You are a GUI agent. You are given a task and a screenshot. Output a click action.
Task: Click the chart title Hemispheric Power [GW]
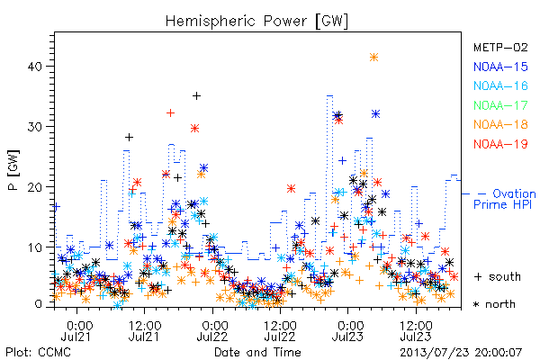[256, 22]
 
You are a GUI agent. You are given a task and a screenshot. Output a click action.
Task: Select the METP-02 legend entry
[500, 47]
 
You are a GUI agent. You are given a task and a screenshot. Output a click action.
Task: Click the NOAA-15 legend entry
[500, 67]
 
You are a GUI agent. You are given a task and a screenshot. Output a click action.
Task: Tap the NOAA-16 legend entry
[500, 85]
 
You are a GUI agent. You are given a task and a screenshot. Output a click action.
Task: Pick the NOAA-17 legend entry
[500, 105]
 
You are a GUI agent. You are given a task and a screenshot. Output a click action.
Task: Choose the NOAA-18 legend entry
[500, 124]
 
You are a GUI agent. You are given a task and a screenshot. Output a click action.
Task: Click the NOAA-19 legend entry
[500, 144]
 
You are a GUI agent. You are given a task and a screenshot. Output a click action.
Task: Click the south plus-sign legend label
[498, 276]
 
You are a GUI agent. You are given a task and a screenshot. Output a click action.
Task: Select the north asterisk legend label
[494, 304]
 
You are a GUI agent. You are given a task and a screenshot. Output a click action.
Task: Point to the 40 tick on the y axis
[35, 66]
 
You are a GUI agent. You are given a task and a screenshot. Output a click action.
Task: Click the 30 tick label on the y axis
[35, 126]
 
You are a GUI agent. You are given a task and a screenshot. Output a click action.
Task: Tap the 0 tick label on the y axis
[39, 304]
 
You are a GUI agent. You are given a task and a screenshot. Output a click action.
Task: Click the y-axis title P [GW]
[13, 170]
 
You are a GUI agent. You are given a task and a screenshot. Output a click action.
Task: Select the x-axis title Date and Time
[257, 352]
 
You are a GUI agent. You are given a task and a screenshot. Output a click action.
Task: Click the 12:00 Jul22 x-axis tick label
[280, 330]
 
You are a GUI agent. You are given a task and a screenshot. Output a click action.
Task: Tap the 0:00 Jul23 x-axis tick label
[347, 330]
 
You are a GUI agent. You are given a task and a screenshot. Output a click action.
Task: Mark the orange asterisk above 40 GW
[373, 58]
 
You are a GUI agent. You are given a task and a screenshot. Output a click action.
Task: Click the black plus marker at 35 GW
[196, 95]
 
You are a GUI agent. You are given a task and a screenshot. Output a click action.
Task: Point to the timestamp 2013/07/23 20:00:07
[461, 352]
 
